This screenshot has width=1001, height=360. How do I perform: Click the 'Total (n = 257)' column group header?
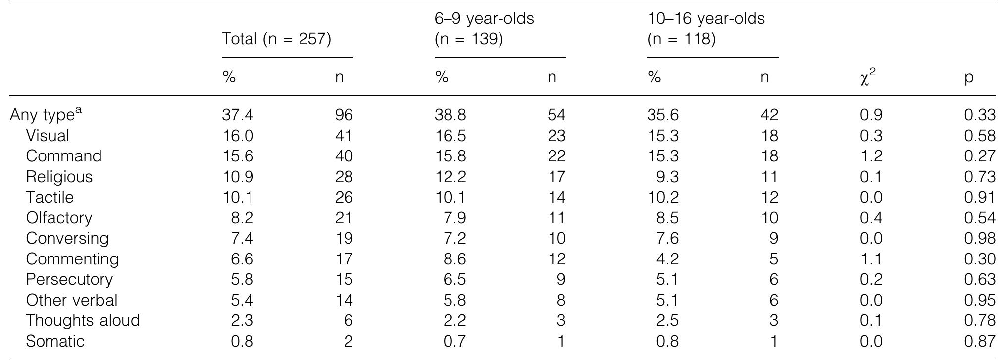click(276, 39)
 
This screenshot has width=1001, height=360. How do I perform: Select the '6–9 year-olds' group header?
click(484, 28)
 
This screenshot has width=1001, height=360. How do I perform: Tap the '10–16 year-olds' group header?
click(705, 28)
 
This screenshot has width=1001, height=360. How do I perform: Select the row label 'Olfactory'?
click(59, 218)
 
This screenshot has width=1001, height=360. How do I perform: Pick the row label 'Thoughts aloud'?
click(83, 320)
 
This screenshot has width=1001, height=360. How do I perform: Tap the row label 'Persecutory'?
click(69, 279)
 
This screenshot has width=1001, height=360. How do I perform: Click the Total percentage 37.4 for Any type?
click(238, 115)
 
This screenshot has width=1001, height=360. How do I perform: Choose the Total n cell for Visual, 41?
click(344, 136)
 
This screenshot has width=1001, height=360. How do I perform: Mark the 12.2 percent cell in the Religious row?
click(450, 177)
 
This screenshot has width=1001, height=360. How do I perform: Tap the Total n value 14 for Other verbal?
click(344, 300)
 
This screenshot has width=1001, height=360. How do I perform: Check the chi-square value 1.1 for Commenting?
click(871, 259)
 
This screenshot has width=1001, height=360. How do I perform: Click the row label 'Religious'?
click(59, 177)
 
